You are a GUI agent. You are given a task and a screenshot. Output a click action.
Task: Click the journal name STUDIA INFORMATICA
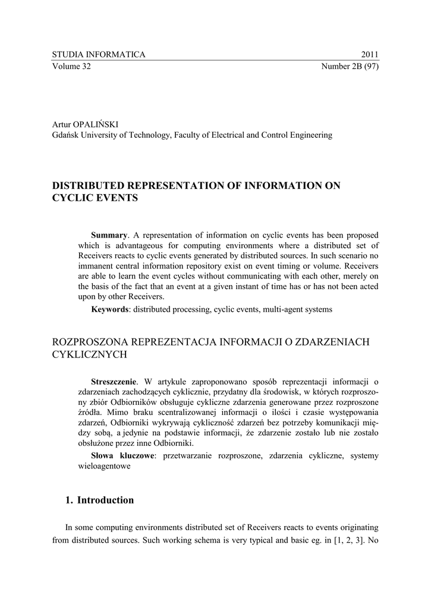tap(99, 55)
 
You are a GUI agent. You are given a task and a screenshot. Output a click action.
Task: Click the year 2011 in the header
tap(370, 55)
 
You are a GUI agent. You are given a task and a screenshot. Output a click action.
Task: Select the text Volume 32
tap(71, 66)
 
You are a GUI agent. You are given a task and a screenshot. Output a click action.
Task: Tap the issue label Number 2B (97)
tap(350, 66)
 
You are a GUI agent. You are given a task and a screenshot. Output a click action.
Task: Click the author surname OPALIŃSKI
tap(96, 124)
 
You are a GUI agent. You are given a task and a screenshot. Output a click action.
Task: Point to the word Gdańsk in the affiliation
tap(65, 135)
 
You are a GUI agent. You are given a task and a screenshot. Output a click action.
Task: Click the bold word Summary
tap(109, 236)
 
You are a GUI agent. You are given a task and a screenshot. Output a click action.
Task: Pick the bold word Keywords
tap(110, 309)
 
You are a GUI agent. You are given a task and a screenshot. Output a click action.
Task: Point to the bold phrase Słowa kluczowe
tap(122, 455)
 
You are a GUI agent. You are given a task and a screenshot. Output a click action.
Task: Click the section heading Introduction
tap(105, 500)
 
